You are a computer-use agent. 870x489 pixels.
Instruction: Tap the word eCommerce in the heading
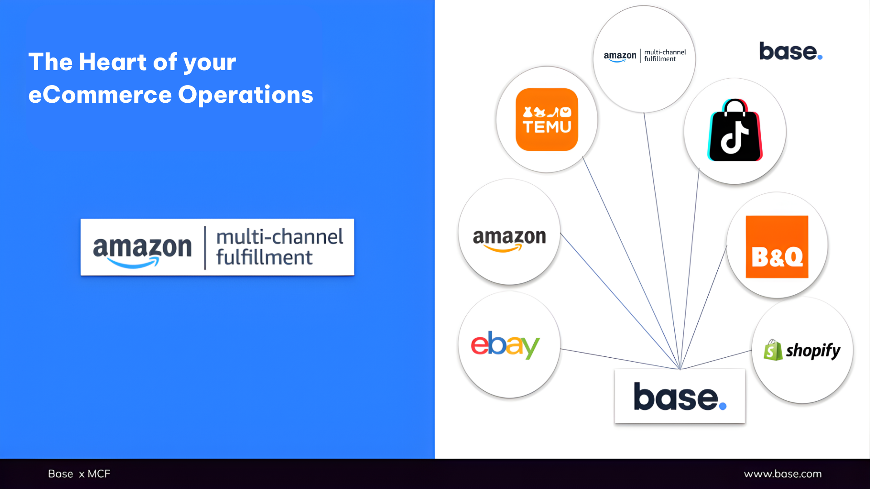point(100,95)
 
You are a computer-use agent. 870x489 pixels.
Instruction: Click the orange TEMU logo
point(546,120)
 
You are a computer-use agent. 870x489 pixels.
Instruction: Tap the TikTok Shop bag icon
point(735,131)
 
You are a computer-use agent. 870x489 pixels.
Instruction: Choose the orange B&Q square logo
point(777,247)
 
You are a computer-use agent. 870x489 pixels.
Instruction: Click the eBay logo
point(505,345)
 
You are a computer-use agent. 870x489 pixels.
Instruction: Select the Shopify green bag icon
point(773,350)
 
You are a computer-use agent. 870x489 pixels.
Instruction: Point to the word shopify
point(813,350)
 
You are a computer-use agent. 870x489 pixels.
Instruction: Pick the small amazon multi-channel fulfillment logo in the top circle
point(644,56)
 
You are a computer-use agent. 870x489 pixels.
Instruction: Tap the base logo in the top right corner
point(790,52)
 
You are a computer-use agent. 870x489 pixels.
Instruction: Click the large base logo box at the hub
point(679,397)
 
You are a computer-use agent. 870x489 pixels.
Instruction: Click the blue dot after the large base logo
point(723,406)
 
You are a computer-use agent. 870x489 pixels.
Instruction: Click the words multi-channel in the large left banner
point(280,237)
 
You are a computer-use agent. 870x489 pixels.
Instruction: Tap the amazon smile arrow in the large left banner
point(134,263)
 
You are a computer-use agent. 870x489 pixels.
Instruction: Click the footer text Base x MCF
point(79,474)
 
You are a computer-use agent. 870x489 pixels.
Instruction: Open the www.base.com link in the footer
point(783,474)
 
